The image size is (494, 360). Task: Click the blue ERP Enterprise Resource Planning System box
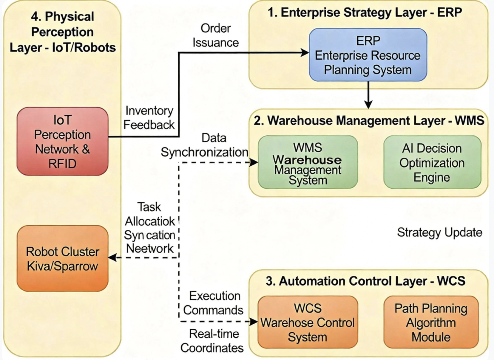click(x=368, y=55)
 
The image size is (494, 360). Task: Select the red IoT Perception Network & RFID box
click(x=62, y=141)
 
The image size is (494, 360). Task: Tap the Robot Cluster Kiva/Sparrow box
click(x=62, y=258)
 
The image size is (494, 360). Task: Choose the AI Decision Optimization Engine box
click(x=432, y=162)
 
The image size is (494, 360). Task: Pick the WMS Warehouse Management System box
click(x=308, y=162)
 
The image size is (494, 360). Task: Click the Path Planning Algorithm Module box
click(x=431, y=322)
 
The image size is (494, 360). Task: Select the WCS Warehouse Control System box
click(x=308, y=322)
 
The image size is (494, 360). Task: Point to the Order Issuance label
click(x=215, y=35)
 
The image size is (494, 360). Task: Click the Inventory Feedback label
click(x=149, y=118)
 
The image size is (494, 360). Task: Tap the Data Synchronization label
click(x=205, y=145)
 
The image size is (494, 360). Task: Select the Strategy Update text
click(x=439, y=232)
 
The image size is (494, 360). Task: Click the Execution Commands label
click(x=214, y=303)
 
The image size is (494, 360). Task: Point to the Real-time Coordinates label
click(x=212, y=341)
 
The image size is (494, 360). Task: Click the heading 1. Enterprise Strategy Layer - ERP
click(x=365, y=13)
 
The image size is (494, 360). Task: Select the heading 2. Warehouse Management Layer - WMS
click(x=369, y=121)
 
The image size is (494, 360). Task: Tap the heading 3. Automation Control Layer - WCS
click(x=365, y=281)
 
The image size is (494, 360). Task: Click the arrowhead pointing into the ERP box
click(x=305, y=53)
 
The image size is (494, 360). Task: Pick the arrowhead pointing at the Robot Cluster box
click(x=112, y=257)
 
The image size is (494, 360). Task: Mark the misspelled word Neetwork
click(x=150, y=249)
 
